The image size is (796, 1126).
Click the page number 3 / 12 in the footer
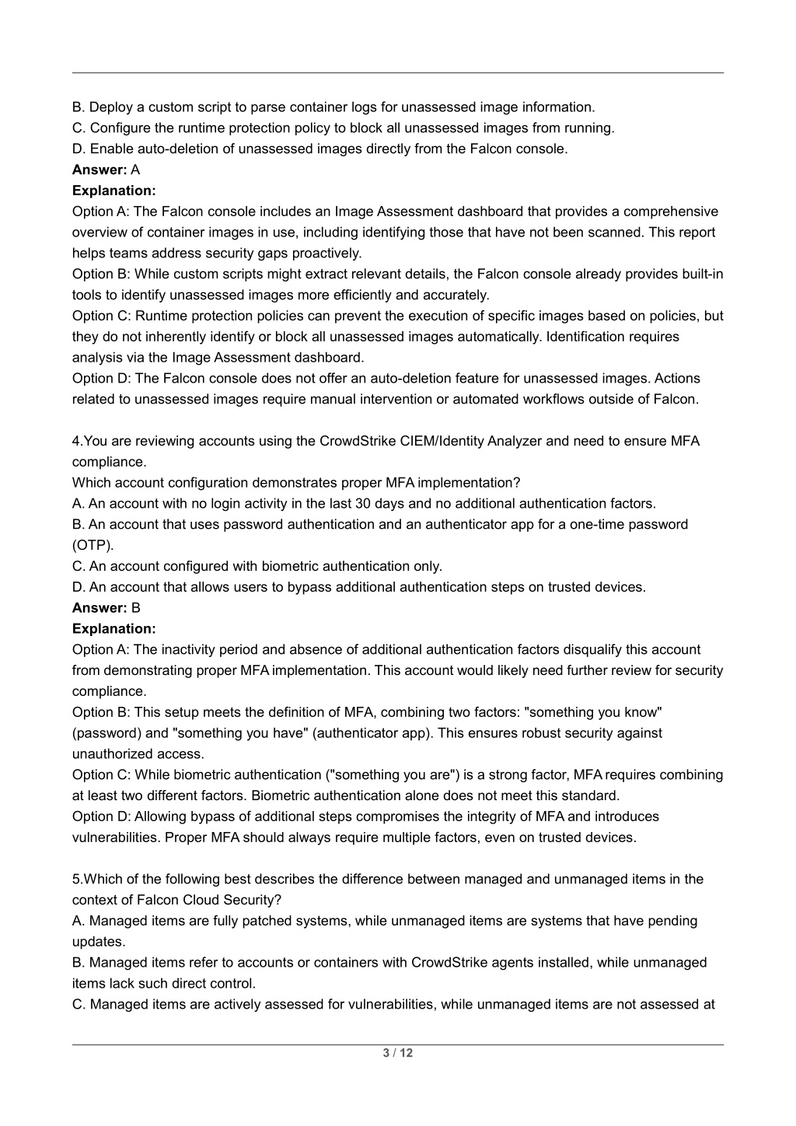(397, 1053)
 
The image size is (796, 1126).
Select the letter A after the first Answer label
(136, 170)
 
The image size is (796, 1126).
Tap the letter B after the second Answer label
(136, 608)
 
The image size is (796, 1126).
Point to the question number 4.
(76, 441)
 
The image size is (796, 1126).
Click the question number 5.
(76, 879)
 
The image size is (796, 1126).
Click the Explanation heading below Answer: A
(113, 191)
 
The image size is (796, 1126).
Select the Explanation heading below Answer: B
(113, 628)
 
